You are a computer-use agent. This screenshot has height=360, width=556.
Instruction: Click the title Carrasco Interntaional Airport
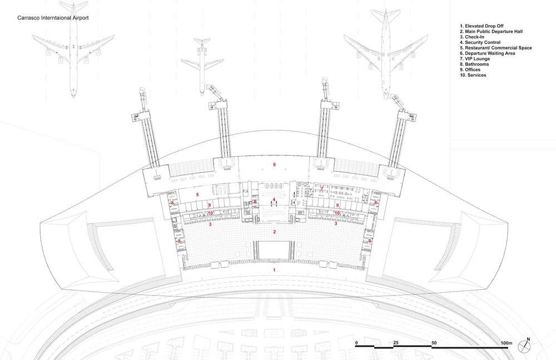(53, 18)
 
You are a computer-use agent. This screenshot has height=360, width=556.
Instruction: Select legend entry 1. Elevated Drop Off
(481, 26)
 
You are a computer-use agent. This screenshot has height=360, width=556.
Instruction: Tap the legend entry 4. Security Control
(480, 42)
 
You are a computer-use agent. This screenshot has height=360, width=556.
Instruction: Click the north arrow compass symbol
(524, 346)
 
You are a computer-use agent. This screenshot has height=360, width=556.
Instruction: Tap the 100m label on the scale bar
(507, 343)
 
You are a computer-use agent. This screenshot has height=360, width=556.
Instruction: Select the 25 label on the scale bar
(396, 343)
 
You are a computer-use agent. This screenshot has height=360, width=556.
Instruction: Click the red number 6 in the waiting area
(274, 164)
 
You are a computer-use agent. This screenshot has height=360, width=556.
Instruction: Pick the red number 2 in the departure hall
(274, 232)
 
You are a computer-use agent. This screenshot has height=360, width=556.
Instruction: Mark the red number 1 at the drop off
(274, 270)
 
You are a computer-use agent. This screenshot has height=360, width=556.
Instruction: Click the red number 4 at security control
(274, 200)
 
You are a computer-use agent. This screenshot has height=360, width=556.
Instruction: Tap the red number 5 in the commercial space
(197, 195)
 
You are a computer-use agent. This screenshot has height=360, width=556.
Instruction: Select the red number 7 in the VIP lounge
(321, 189)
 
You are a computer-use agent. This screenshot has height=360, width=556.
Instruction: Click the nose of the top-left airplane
(73, 96)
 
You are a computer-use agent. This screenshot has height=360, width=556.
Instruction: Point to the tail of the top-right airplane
(385, 14)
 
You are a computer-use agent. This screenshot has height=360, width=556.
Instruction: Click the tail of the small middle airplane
(202, 41)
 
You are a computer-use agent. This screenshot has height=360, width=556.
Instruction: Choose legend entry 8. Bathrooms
(474, 64)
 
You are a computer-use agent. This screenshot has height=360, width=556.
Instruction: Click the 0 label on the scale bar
(357, 343)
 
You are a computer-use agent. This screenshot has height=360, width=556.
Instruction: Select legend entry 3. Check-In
(472, 37)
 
